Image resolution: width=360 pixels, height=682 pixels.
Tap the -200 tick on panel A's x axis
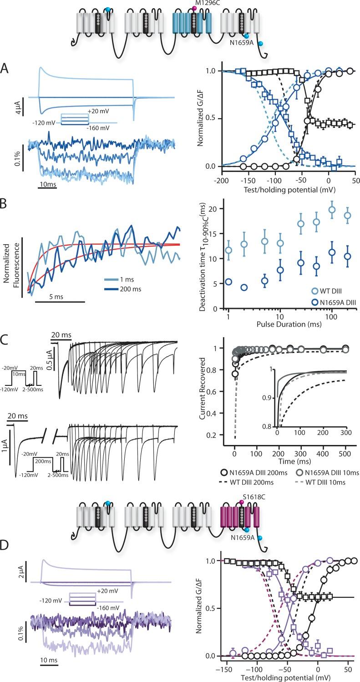point(221,175)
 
